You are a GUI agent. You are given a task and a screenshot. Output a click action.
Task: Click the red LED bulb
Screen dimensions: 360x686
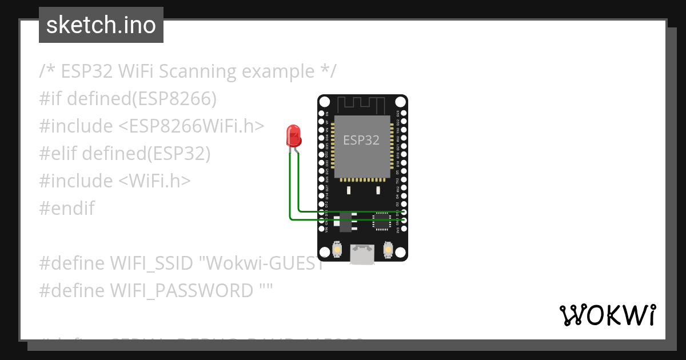coord(293,136)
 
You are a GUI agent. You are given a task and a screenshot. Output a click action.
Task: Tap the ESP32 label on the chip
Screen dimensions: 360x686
coord(361,140)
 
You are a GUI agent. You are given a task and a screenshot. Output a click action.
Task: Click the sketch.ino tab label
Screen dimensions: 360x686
coord(101,25)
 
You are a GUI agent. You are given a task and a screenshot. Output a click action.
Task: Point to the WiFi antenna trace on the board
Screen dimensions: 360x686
coord(362,105)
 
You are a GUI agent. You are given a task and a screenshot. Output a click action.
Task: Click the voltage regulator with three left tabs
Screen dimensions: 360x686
coord(345,221)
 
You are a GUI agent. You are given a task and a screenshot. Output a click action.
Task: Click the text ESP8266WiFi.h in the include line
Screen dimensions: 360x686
coord(192,126)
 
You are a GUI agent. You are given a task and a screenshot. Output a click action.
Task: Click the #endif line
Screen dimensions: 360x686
coord(67,208)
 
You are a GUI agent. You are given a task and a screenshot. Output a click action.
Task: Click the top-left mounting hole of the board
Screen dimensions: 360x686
coord(325,102)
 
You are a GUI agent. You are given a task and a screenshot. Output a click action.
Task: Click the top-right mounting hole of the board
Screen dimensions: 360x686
coord(401,102)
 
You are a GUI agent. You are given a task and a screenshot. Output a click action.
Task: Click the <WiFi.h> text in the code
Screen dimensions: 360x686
coord(154,181)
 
